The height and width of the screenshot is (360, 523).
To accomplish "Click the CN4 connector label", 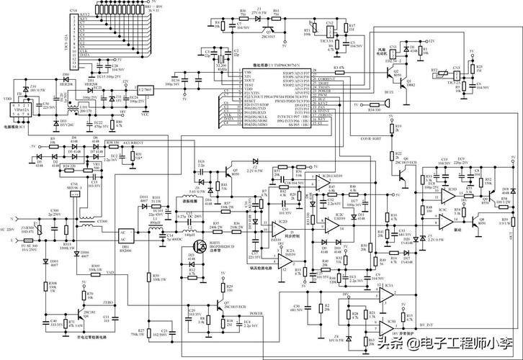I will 73,11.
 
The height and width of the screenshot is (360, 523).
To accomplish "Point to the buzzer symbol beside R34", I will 388,106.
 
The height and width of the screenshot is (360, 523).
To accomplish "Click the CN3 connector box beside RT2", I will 456,74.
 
